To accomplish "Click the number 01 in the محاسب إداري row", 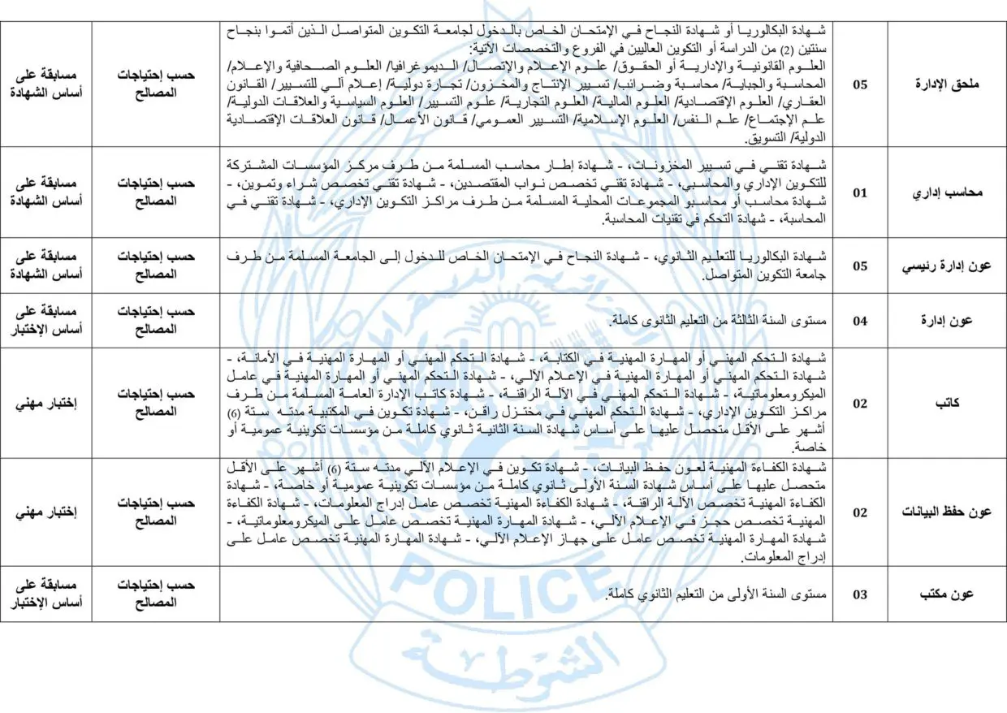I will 860,193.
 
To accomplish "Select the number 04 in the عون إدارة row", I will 860,321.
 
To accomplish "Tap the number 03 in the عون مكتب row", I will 860,594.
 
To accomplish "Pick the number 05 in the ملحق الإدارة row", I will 860,84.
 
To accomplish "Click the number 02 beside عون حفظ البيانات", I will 860,512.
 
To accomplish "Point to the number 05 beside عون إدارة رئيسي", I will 860,266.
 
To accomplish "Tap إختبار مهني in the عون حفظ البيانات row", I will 46,512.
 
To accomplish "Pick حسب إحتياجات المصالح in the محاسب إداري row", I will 155,193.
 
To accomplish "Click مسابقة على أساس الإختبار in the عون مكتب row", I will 46,594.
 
